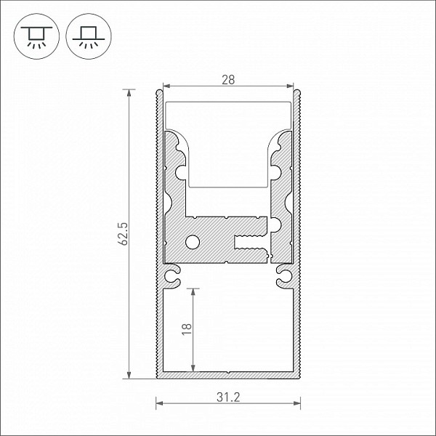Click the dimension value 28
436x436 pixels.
[x=228, y=80]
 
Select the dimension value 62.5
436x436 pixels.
[x=123, y=234]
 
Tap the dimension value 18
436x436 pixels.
[x=187, y=329]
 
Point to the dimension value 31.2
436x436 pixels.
[x=228, y=397]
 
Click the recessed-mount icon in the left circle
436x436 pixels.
[x=36, y=37]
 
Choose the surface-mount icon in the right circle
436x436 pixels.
[x=89, y=37]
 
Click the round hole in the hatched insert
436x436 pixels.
[x=193, y=242]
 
